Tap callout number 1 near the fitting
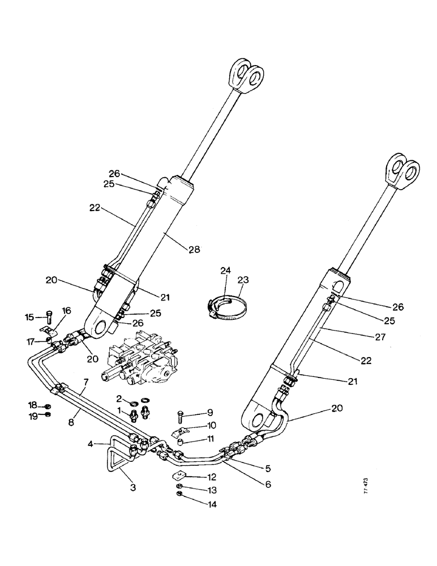coord(119,408)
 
